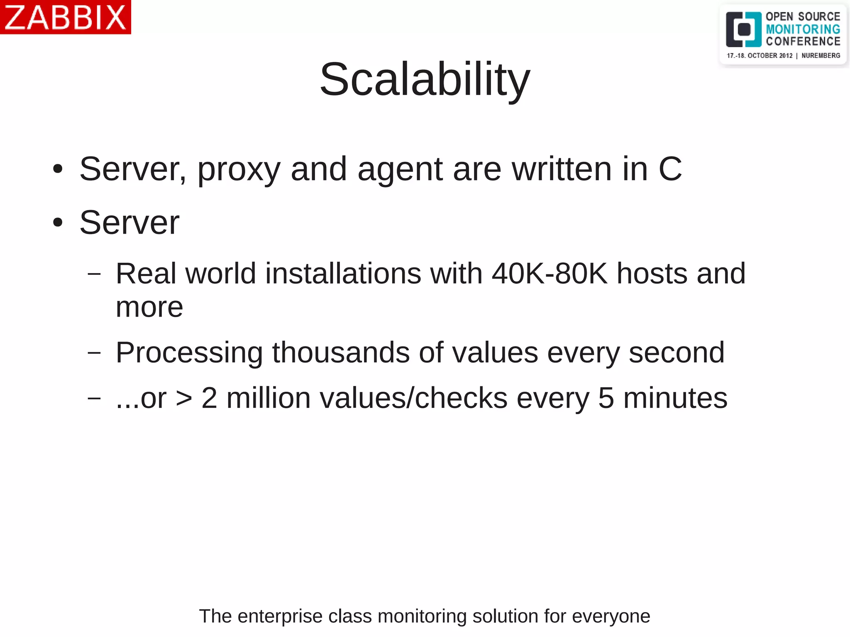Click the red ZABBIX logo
[x=65, y=17]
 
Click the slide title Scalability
[x=425, y=79]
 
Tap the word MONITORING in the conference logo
[x=803, y=29]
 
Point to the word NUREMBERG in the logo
[x=821, y=56]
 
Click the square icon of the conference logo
[x=743, y=29]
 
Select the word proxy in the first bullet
[x=239, y=169]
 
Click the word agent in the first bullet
[x=400, y=169]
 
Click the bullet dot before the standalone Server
[x=58, y=222]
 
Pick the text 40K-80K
[x=550, y=273]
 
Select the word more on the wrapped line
[x=149, y=308]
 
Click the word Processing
[x=189, y=353]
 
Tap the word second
[x=677, y=353]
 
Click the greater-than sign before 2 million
[x=184, y=398]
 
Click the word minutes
[x=675, y=398]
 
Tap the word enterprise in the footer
[x=280, y=616]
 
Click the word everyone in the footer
[x=611, y=616]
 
